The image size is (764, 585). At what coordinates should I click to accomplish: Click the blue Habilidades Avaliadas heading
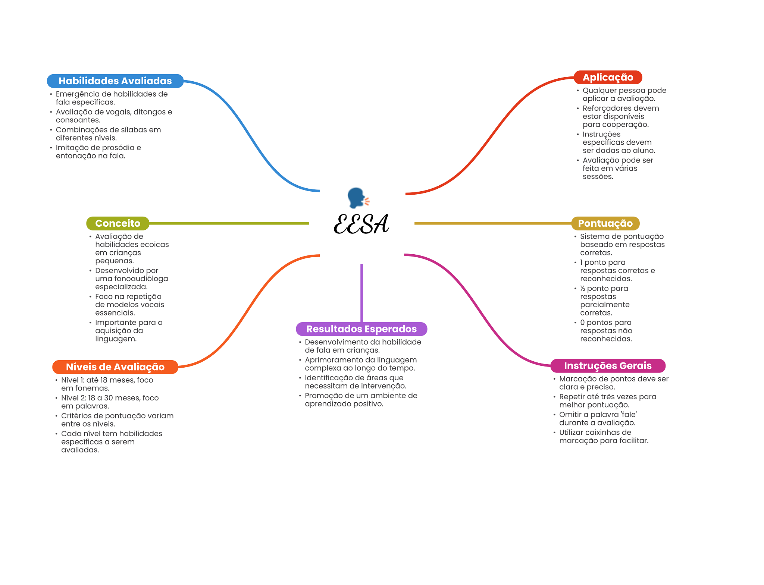(x=115, y=81)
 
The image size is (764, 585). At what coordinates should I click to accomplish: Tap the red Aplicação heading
(x=608, y=77)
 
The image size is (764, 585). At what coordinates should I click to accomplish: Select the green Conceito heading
(x=118, y=223)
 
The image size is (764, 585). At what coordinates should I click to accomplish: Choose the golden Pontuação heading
(x=605, y=223)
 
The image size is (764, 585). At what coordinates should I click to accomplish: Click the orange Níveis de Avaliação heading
(x=115, y=367)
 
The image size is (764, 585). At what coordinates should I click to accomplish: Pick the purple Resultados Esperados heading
(x=361, y=329)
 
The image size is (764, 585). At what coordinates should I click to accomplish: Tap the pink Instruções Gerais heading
(x=608, y=366)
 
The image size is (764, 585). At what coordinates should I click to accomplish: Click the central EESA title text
(x=361, y=224)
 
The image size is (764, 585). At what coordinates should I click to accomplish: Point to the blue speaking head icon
(x=357, y=198)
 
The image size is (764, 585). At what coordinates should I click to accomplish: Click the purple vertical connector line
(x=361, y=293)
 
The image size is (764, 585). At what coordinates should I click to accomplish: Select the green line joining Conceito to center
(x=228, y=223)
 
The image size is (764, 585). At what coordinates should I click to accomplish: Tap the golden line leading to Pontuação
(x=492, y=223)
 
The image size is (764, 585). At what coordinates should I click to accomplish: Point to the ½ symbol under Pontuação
(x=582, y=289)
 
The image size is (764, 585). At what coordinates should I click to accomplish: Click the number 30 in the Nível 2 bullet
(x=109, y=398)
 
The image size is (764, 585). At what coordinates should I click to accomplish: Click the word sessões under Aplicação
(x=598, y=176)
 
